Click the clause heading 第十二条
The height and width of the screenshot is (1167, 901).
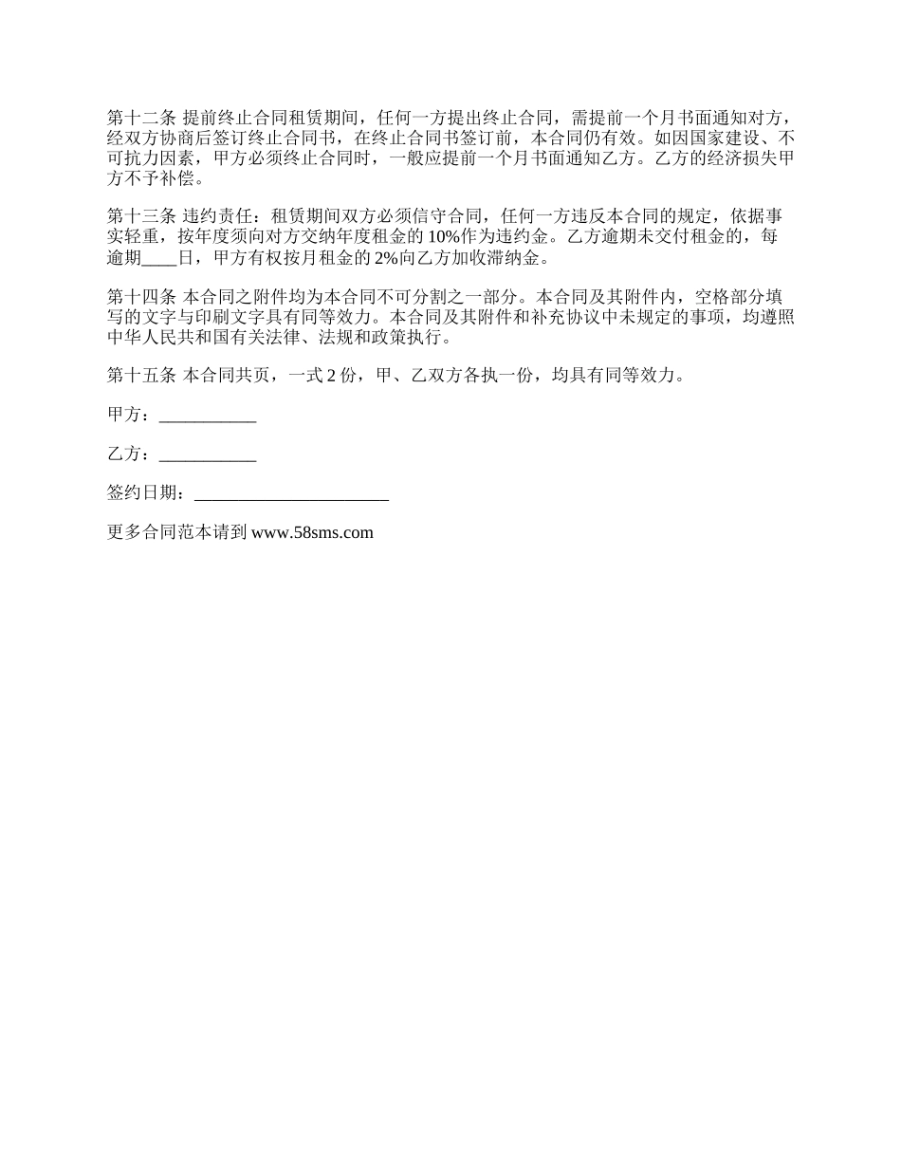(x=141, y=119)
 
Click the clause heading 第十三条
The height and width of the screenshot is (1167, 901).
(x=141, y=216)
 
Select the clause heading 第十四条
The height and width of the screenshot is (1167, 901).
(x=141, y=295)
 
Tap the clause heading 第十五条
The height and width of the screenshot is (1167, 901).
(x=141, y=375)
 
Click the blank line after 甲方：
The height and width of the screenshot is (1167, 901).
(x=208, y=415)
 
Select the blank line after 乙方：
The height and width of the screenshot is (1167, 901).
(x=208, y=454)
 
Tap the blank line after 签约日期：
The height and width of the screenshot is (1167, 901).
(x=291, y=493)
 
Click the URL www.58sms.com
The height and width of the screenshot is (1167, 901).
(x=313, y=532)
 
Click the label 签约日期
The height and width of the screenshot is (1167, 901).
(x=141, y=493)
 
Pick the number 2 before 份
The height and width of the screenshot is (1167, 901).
(x=331, y=375)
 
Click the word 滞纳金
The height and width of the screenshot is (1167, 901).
(x=520, y=257)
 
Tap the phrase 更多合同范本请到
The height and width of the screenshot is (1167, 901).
(x=178, y=532)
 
